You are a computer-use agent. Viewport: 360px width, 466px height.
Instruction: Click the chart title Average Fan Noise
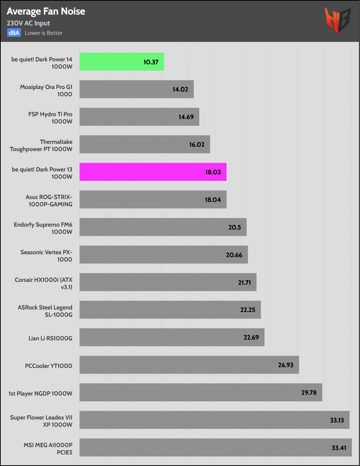point(46,11)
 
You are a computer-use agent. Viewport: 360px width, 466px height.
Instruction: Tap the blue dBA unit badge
point(14,33)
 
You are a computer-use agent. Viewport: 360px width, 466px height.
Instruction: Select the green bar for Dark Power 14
point(122,62)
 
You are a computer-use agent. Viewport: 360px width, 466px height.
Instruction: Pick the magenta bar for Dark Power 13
point(153,172)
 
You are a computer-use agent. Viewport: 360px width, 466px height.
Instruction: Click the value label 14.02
point(180,89)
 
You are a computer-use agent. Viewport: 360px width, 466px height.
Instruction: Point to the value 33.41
point(339,447)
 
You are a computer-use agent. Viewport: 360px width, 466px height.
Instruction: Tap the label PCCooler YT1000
point(49,366)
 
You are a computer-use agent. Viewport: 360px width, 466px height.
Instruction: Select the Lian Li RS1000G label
point(50,338)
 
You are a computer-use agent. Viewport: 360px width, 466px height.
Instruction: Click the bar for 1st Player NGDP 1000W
point(201,392)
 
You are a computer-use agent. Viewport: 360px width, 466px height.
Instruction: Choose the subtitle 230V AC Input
point(28,23)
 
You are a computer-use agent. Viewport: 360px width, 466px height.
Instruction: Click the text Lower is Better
point(44,33)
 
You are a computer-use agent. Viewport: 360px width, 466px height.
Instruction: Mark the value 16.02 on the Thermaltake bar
point(197,145)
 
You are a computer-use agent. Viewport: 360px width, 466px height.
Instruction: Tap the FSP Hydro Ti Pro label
point(50,118)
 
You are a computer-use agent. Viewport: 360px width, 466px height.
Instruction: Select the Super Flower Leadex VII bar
point(214,420)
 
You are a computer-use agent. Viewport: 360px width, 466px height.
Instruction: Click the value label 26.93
point(286,365)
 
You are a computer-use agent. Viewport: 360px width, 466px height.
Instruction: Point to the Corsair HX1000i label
point(44,283)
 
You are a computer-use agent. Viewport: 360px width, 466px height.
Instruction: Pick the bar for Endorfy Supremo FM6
point(163,227)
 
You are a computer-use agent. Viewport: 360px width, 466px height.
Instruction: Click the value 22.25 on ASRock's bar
point(248,310)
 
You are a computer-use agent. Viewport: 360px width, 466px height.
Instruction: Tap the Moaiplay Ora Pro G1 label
point(46,90)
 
